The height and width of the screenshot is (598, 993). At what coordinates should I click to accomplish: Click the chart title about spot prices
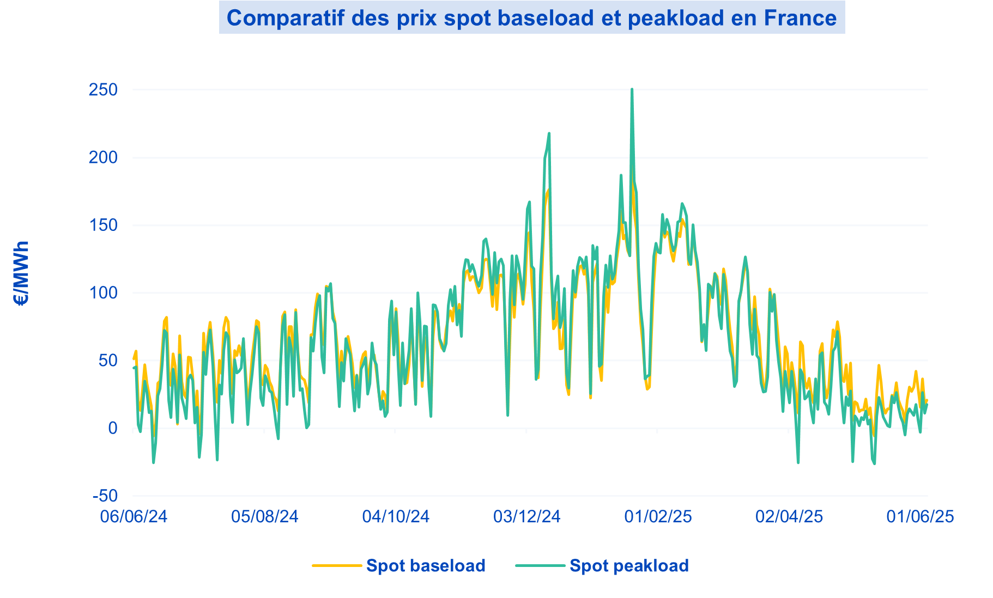531,18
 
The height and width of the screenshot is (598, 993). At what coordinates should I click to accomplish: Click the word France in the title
800,18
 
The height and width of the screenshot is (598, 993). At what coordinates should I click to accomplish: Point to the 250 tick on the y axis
103,90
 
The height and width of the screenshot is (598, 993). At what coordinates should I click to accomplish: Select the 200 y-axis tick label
103,157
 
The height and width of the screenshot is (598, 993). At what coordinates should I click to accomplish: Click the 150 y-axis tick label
103,225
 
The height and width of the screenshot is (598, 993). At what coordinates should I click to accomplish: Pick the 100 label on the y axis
103,293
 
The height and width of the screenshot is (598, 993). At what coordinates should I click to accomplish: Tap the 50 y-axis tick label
108,361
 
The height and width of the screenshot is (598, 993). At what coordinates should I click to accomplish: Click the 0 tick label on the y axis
113,428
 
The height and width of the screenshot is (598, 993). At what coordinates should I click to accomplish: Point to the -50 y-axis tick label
105,496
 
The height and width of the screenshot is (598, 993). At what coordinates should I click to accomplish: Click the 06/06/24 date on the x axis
134,516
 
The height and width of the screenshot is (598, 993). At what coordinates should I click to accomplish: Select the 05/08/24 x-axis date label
264,516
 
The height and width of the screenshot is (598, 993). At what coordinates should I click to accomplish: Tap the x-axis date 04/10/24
396,516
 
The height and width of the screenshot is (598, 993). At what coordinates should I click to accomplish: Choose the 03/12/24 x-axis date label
526,516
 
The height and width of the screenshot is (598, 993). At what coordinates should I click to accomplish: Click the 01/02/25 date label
658,516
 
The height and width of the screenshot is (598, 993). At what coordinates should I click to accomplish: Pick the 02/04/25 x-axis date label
789,516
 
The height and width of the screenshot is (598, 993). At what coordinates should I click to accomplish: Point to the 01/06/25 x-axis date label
920,516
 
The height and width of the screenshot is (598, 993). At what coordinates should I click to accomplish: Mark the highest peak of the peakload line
632,89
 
